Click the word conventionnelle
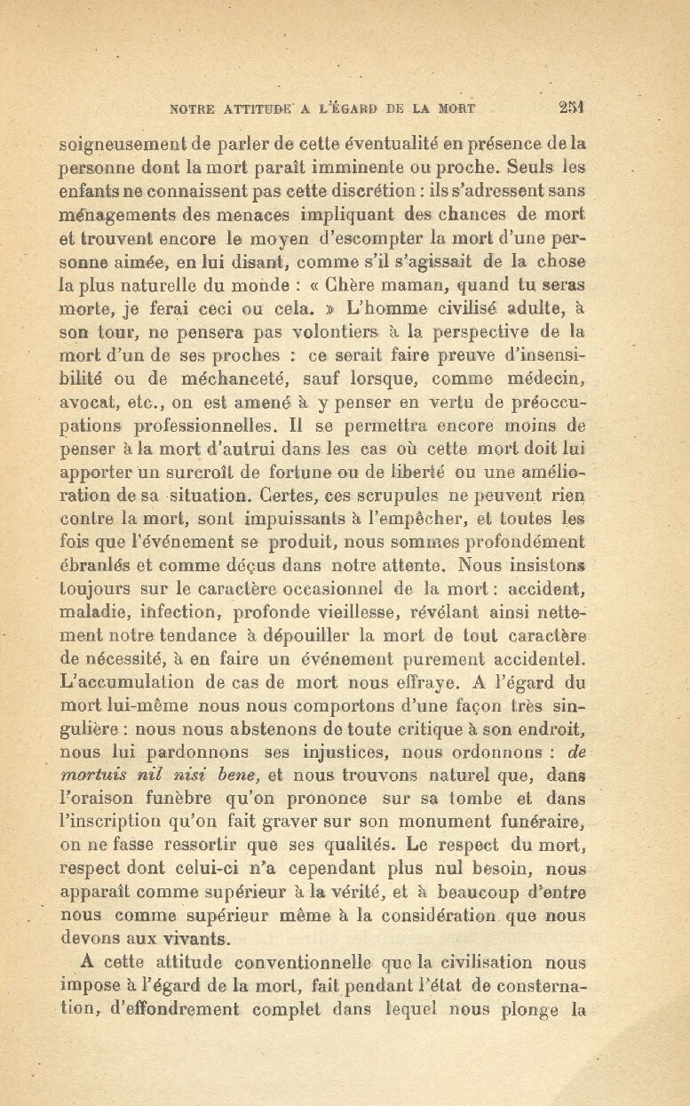(295, 962)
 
